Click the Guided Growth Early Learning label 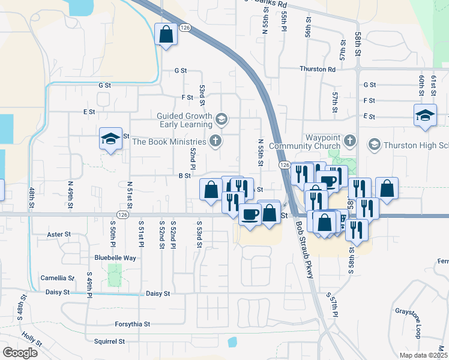coord(184,121)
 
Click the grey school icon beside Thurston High coord(374,144)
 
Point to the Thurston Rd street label coord(318,69)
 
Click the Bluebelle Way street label coord(115,257)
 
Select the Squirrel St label coord(109,341)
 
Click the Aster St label coord(58,234)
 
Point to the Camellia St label coord(57,278)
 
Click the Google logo coord(20,352)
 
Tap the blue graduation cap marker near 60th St coord(424,116)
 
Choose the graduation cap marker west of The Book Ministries coord(111,139)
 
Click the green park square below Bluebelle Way coord(114,275)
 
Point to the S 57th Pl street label coord(333,305)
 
